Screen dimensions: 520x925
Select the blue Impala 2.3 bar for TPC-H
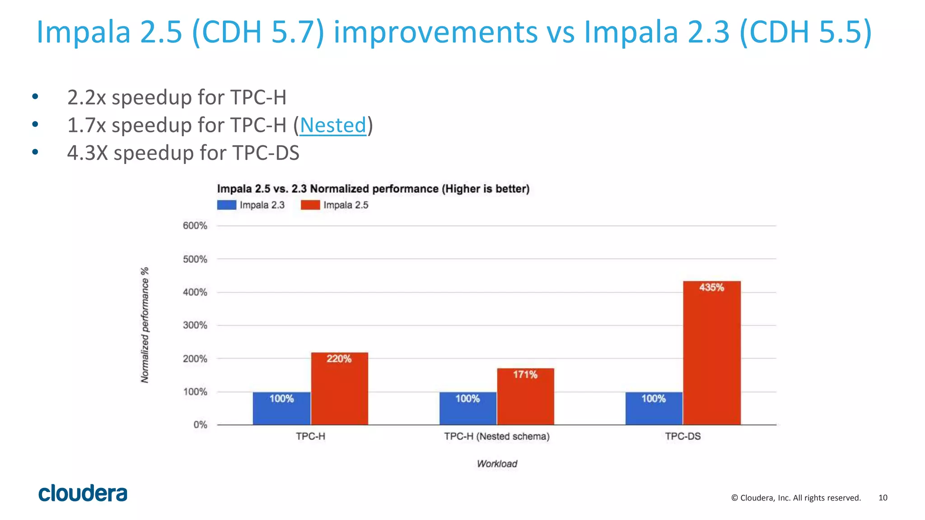click(281, 409)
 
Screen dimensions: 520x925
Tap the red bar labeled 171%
click(525, 397)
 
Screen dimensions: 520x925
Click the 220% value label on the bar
click(339, 359)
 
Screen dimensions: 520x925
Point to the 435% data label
click(711, 288)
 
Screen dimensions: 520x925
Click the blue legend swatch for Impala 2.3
click(226, 205)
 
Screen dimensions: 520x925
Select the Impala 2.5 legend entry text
click(346, 205)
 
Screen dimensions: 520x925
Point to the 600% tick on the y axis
click(195, 226)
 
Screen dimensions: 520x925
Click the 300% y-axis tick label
click(195, 325)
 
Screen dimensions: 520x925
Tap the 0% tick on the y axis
click(200, 425)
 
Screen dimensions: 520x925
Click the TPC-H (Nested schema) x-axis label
click(496, 436)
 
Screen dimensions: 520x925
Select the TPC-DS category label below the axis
click(682, 436)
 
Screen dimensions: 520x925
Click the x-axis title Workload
click(497, 464)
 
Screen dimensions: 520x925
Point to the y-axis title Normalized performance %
click(145, 325)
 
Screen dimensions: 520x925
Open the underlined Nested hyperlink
click(333, 125)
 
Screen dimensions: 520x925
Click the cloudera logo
click(83, 493)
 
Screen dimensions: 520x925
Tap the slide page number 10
click(883, 498)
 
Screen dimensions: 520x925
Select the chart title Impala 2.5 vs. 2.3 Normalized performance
click(373, 189)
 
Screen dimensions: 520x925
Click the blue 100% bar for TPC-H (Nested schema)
click(467, 409)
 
